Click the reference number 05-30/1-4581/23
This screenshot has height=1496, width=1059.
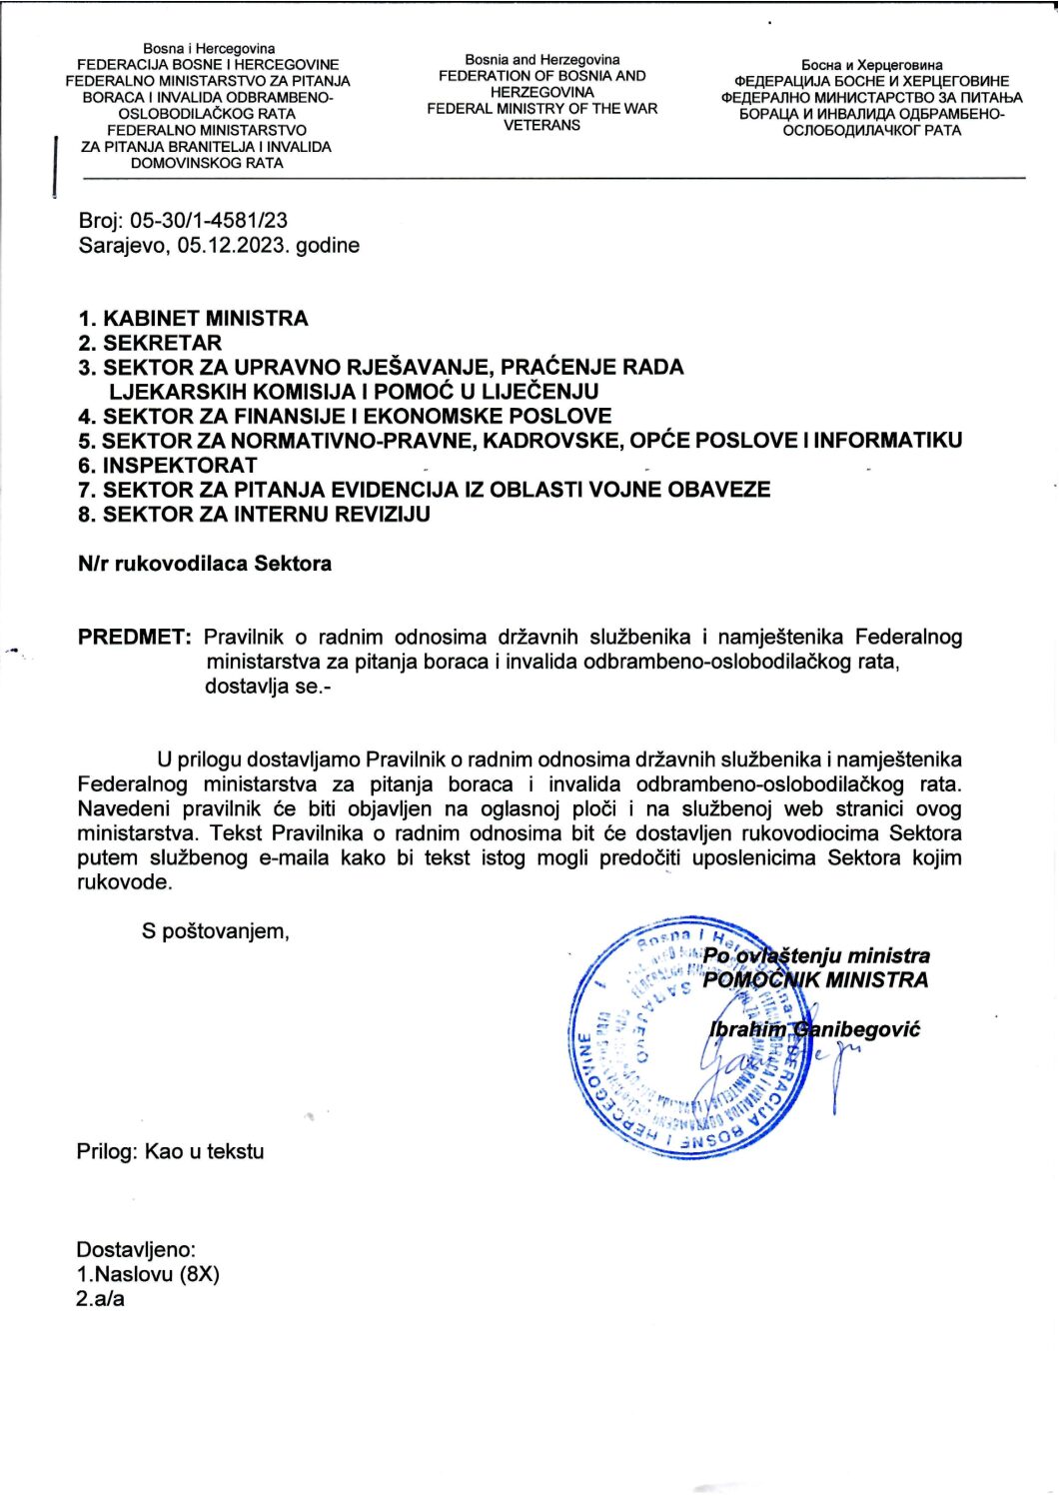click(209, 221)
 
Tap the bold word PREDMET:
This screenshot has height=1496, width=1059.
click(134, 637)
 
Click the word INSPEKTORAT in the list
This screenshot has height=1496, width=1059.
click(180, 466)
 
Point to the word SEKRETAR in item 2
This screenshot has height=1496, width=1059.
click(162, 343)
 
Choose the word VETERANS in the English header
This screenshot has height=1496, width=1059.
click(541, 125)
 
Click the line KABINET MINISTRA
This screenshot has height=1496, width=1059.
click(206, 319)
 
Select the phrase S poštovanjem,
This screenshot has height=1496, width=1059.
click(215, 931)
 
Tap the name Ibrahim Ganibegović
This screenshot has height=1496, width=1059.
click(814, 1029)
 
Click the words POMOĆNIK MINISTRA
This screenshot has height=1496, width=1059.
click(815, 980)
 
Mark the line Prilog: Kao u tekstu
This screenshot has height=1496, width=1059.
click(171, 1151)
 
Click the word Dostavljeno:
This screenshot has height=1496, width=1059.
click(136, 1249)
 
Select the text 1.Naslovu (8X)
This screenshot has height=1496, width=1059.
click(148, 1274)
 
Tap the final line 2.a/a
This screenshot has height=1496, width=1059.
click(101, 1299)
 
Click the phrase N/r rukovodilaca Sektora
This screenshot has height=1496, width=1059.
click(205, 564)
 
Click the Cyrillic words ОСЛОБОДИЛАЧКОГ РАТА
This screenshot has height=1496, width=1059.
click(871, 130)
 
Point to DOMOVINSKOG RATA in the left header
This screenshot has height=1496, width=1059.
click(207, 163)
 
